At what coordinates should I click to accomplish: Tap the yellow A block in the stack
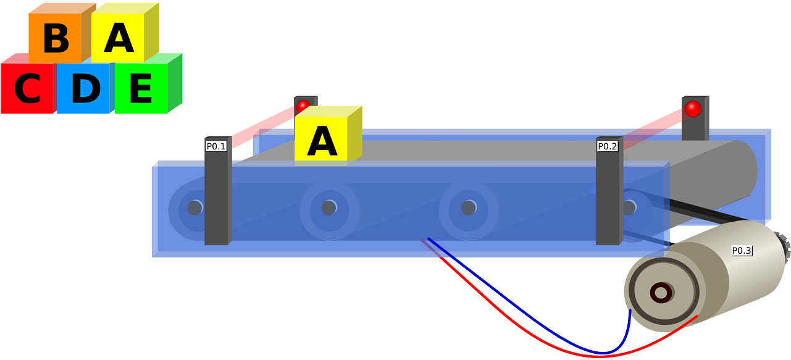[119, 37]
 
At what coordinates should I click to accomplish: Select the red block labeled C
[27, 90]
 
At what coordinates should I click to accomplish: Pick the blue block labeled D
[85, 90]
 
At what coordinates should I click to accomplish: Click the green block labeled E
[141, 90]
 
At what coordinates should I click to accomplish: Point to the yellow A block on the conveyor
[322, 141]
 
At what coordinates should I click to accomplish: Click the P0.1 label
[216, 146]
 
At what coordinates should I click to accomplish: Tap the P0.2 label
[608, 146]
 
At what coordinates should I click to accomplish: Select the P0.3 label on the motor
[742, 251]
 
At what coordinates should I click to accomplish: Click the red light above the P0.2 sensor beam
[693, 109]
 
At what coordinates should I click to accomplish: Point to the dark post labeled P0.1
[217, 198]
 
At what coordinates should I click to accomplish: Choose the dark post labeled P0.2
[608, 198]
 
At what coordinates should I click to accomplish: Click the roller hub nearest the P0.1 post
[195, 207]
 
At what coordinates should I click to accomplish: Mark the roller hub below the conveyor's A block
[329, 208]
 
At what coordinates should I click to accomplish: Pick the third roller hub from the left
[468, 207]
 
